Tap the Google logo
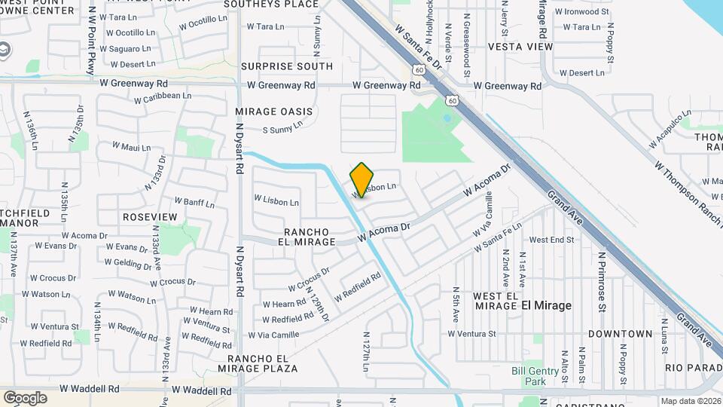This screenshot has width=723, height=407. (x=25, y=398)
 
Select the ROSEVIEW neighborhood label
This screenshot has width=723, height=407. (x=150, y=217)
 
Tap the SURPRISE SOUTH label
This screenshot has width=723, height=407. (x=287, y=66)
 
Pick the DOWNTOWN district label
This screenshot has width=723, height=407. (x=620, y=333)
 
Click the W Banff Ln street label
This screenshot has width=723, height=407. (x=194, y=202)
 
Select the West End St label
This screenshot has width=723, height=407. (x=551, y=240)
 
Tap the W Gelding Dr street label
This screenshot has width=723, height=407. (x=129, y=263)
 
